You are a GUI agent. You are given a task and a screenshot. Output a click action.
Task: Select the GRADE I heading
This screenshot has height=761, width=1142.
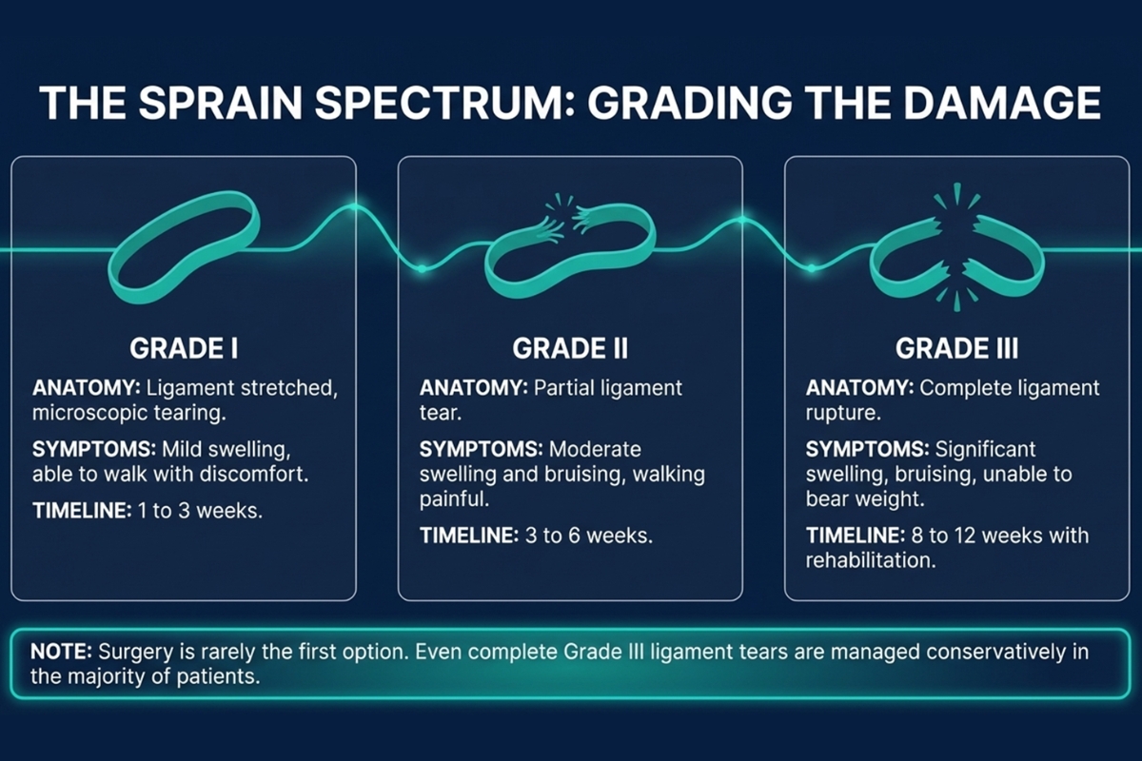point(183,348)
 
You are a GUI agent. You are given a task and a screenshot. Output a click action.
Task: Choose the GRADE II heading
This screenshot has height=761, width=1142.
point(570,348)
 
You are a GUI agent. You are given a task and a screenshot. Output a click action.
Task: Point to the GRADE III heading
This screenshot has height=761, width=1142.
point(956,348)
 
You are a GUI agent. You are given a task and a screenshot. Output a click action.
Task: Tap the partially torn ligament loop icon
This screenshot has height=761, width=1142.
point(569,249)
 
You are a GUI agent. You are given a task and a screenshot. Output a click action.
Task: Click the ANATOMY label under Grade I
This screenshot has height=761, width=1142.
point(80,389)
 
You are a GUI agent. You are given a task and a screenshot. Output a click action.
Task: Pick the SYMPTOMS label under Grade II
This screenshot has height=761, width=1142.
point(481,448)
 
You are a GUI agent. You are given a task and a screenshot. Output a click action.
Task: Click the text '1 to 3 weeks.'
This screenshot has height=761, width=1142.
point(201,510)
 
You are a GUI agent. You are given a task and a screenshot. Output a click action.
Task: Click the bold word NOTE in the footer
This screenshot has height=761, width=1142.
point(60,653)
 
